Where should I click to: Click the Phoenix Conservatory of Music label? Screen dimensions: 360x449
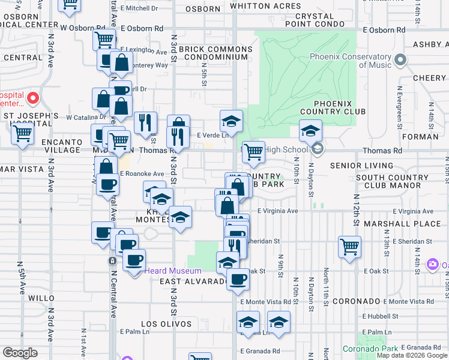click(x=351, y=61)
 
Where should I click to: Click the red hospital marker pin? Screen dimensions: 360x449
click(x=32, y=98)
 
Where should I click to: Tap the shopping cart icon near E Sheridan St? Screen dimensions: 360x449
click(x=349, y=246)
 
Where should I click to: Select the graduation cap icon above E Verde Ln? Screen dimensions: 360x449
click(x=231, y=121)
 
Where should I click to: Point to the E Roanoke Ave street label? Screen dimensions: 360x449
click(x=142, y=173)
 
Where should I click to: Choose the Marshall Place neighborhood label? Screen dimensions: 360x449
click(x=394, y=224)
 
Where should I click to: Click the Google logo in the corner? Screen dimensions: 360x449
click(x=20, y=353)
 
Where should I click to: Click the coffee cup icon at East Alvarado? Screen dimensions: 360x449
click(x=238, y=278)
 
